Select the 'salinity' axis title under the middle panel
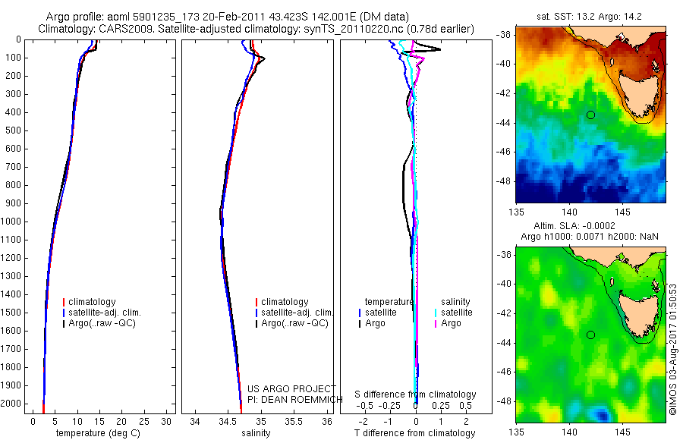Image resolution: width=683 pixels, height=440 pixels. (x=256, y=433)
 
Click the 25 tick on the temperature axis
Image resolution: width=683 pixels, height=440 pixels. (x=144, y=421)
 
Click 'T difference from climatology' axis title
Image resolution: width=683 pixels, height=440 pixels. (x=415, y=433)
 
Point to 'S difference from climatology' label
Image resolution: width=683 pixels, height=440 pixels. (x=415, y=394)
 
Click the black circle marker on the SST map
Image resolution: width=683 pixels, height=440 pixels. (x=590, y=115)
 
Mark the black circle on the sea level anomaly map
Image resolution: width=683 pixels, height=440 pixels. (x=590, y=335)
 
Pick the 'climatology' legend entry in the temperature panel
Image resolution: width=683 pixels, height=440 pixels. (x=95, y=302)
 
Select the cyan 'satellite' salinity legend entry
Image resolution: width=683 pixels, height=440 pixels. (x=456, y=313)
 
